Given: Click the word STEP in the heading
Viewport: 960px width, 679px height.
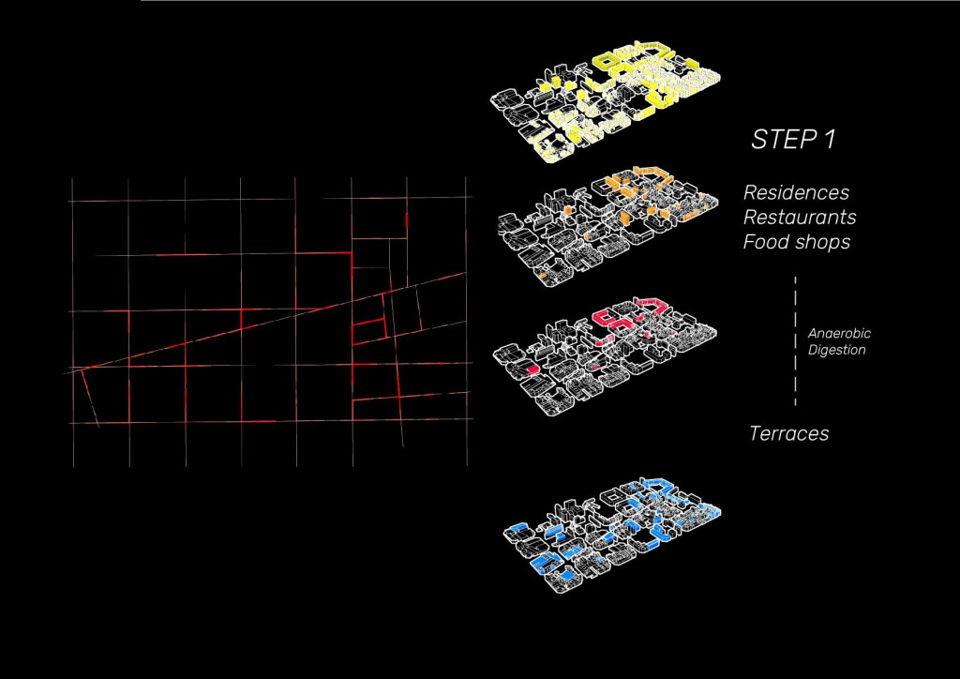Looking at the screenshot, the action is pos(781,140).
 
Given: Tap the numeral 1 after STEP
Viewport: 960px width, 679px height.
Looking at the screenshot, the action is pos(827,140).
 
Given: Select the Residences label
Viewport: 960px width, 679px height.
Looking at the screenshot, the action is pos(797,192).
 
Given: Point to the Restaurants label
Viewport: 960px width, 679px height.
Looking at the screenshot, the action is pos(800,218).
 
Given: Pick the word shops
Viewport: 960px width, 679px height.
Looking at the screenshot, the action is pos(817,243).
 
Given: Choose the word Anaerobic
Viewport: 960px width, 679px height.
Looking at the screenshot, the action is pos(839,334).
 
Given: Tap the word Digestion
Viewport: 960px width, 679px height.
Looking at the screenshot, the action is pos(836,350).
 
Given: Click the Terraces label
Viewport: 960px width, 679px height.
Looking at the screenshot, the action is pos(788,433).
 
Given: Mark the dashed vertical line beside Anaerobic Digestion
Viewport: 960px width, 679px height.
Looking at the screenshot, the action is pos(795,341).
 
